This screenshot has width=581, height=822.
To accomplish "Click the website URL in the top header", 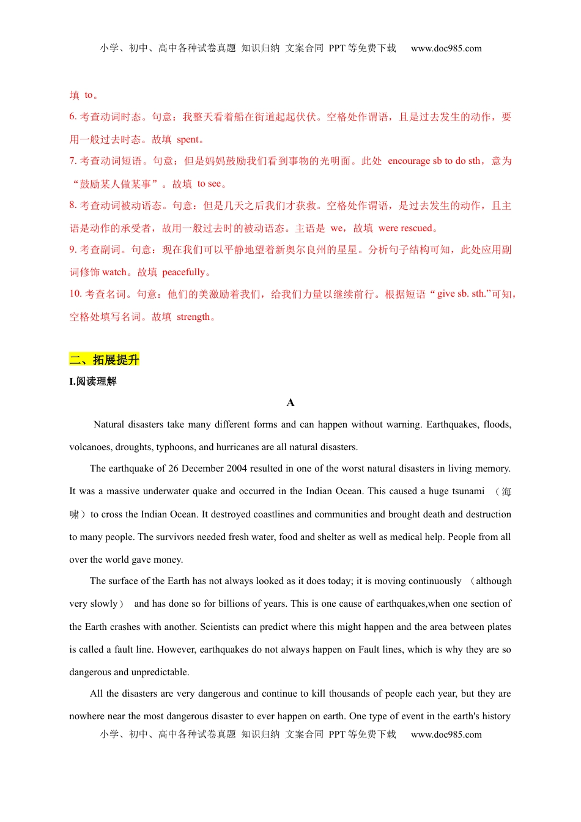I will pyautogui.click(x=446, y=48).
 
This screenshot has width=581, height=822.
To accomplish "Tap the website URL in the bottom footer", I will pyautogui.click(x=446, y=735).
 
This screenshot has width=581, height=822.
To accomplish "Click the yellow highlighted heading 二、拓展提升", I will pyautogui.click(x=104, y=360).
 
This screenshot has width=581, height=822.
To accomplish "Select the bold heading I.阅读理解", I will pyautogui.click(x=93, y=382).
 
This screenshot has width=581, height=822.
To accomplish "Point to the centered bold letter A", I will pyautogui.click(x=290, y=402).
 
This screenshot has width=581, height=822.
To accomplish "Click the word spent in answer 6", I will pyautogui.click(x=188, y=139).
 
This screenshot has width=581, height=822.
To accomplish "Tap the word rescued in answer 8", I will pyautogui.click(x=418, y=228).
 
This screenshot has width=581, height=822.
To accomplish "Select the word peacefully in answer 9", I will pyautogui.click(x=183, y=272).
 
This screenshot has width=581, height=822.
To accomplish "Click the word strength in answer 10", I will pyautogui.click(x=193, y=317).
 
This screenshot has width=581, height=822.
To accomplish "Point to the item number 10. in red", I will pyautogui.click(x=75, y=294).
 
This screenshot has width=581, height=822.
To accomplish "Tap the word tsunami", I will pyautogui.click(x=468, y=491).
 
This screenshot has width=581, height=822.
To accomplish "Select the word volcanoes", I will pyautogui.click(x=90, y=447).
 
